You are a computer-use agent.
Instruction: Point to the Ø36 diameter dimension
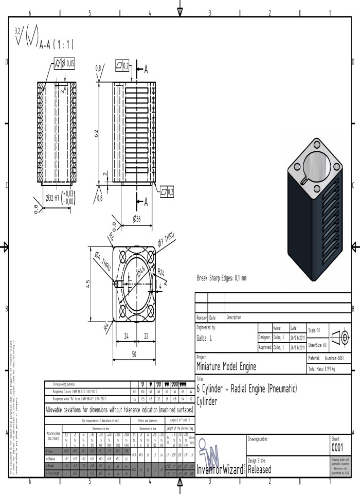tap(137, 218)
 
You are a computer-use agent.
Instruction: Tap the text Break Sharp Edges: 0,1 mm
tap(222, 278)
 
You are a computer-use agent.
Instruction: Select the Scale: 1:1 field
tap(316, 330)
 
